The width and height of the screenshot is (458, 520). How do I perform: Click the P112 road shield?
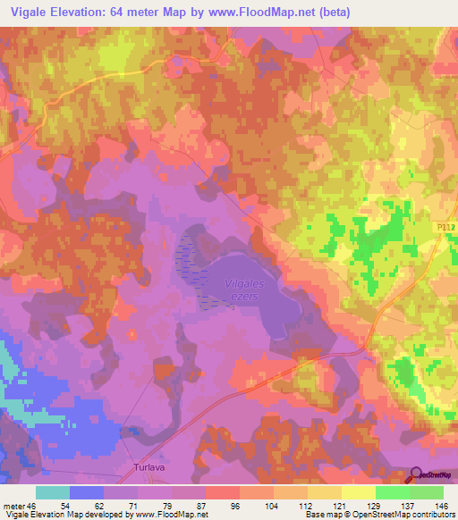coord(447,229)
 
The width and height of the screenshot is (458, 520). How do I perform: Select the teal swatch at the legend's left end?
coord(53,492)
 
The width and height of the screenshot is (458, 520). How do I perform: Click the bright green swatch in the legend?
coord(392,492)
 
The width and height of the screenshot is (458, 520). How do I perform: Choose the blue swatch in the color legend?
coord(87,492)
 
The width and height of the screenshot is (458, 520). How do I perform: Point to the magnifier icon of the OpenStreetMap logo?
coord(418,474)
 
